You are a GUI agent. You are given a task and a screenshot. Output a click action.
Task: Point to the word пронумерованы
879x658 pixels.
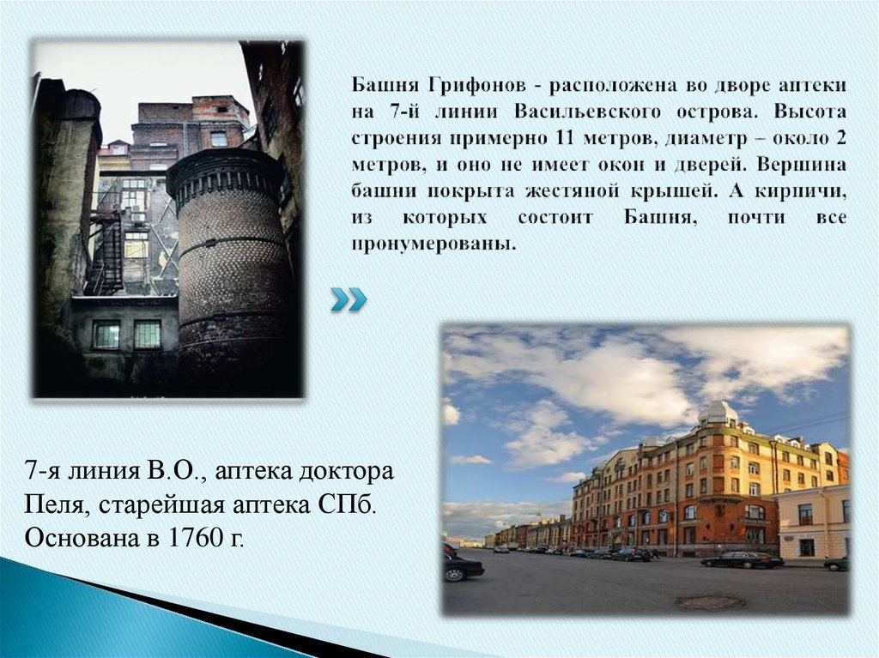[x=433, y=244]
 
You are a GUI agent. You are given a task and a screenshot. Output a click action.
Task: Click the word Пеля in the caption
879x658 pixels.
[x=48, y=506]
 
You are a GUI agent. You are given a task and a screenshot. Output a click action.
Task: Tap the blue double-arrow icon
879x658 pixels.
[x=349, y=299]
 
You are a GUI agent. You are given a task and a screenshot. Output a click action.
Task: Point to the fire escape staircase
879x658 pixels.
[x=107, y=249]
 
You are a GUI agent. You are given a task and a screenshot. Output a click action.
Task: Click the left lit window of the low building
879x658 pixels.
[x=106, y=335]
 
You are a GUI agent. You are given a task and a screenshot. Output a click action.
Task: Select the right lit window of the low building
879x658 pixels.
[x=147, y=335]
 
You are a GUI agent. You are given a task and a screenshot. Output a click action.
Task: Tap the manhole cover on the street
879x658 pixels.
[x=710, y=602]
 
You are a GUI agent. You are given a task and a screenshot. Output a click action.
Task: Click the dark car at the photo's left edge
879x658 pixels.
[x=460, y=565]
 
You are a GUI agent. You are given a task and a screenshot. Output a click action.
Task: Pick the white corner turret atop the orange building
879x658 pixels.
[x=718, y=414]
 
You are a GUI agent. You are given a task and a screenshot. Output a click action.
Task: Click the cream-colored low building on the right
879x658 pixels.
[x=811, y=523]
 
